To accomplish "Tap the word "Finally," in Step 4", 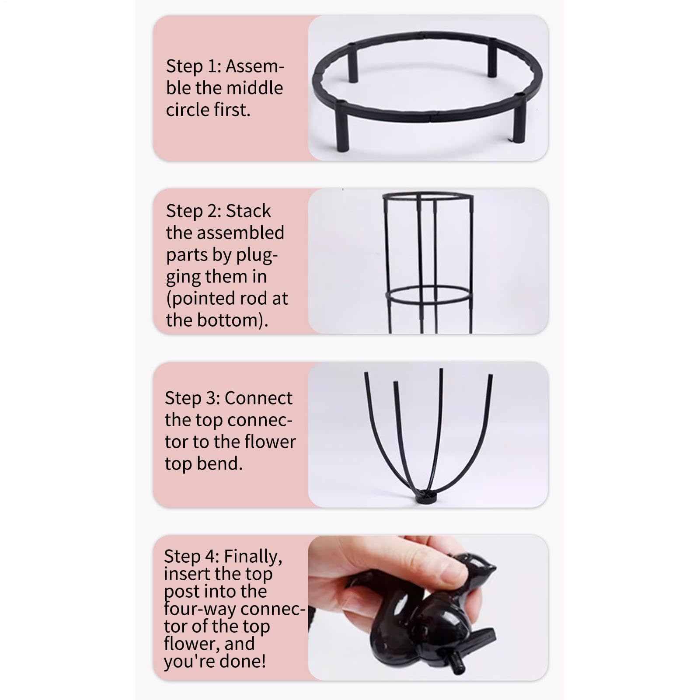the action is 253,557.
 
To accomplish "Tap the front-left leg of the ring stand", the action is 342,126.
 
